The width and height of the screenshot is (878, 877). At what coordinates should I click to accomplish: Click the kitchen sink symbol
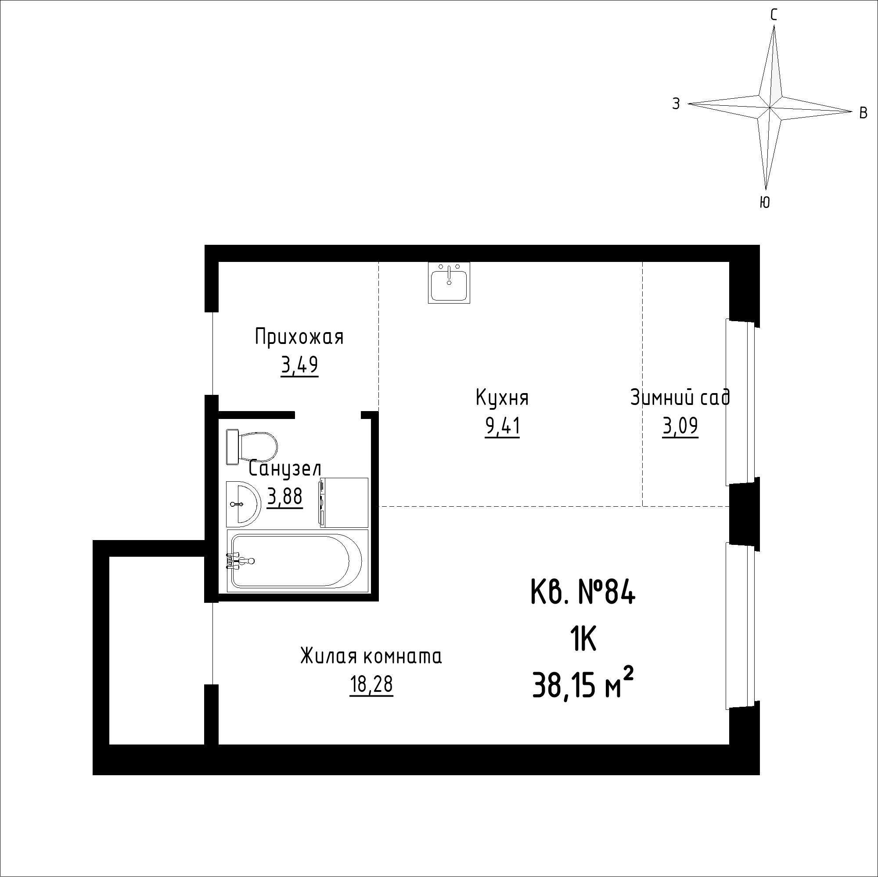point(449,283)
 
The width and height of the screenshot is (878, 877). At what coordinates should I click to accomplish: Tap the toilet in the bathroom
point(252,447)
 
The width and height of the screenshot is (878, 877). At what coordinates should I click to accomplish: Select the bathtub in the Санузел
point(298,561)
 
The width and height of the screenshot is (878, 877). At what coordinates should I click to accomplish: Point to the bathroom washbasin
point(243,504)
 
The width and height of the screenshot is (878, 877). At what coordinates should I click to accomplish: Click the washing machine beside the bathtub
point(344,502)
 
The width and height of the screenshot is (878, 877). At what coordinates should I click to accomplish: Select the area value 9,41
point(502,427)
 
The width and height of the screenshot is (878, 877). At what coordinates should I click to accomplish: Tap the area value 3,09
point(680,427)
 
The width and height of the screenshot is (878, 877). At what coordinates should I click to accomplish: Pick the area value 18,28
point(371,685)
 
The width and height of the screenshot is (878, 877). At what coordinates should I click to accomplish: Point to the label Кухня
point(502,398)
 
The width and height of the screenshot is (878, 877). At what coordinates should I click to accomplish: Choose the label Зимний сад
point(680,398)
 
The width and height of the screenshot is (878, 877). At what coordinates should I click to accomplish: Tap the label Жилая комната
point(371,657)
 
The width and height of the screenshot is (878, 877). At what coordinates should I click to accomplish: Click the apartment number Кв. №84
point(583,594)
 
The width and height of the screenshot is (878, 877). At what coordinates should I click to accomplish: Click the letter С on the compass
point(774,16)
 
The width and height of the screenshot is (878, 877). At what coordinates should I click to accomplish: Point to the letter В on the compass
point(864,113)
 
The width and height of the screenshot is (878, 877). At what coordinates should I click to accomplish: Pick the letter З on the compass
point(676,104)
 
